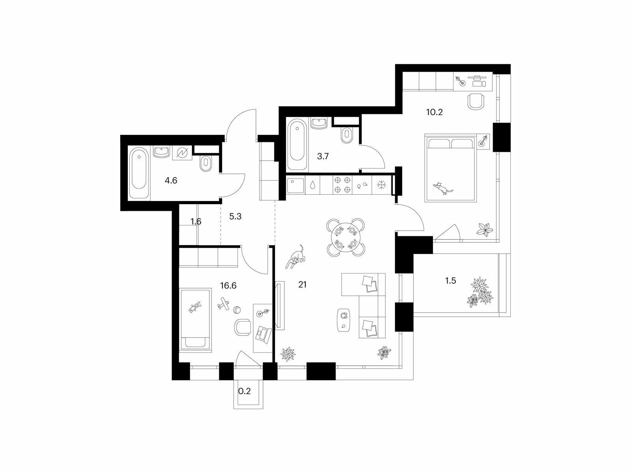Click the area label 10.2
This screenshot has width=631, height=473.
(x=434, y=112)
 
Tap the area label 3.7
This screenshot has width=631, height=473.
(x=323, y=156)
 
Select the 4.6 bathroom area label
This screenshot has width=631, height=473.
(x=171, y=181)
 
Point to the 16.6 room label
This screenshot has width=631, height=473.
(x=228, y=285)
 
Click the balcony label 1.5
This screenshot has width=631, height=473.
(x=450, y=280)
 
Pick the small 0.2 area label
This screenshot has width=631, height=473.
(x=245, y=391)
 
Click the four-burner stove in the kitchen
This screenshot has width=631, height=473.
(x=342, y=186)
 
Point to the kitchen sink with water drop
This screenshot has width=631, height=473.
(x=312, y=186)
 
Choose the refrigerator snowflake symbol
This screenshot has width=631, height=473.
(x=381, y=186)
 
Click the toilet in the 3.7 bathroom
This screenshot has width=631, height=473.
(x=347, y=135)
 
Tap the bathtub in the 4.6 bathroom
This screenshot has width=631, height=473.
(x=139, y=173)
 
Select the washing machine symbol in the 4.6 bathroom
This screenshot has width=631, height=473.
(x=182, y=153)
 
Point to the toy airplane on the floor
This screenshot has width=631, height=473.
(x=223, y=304)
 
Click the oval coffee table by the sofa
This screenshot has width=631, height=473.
(x=344, y=320)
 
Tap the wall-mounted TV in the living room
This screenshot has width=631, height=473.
(x=280, y=305)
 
